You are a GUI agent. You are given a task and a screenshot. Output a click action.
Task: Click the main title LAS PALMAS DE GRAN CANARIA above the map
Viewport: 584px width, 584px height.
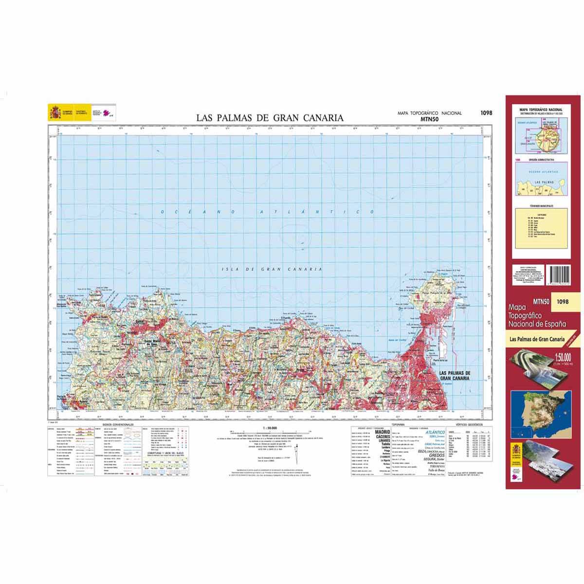coord(270,118)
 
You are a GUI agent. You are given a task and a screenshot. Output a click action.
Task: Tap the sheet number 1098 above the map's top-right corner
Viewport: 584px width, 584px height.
coord(486,113)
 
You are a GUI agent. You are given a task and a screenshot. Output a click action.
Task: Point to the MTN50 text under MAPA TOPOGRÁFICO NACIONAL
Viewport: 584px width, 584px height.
coord(430,118)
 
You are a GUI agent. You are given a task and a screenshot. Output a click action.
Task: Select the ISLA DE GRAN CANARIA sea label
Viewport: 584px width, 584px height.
coord(272,269)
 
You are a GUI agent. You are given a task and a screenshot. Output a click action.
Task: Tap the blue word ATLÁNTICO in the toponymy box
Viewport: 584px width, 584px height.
coord(435,432)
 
